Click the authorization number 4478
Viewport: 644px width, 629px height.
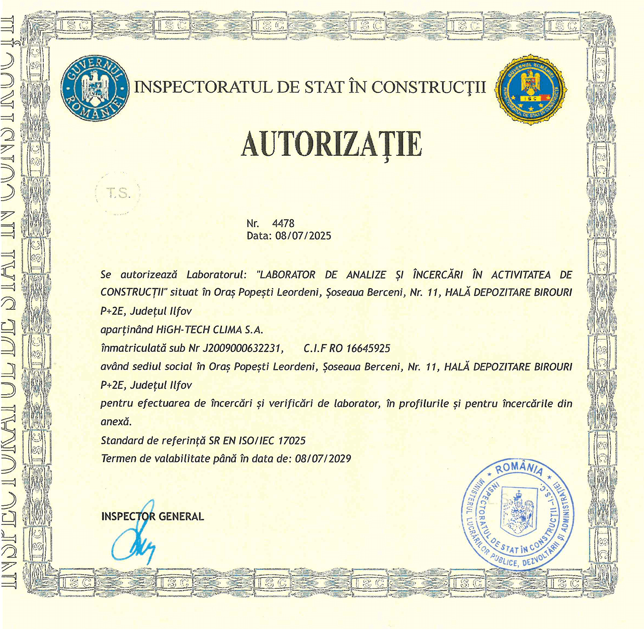point(283,223)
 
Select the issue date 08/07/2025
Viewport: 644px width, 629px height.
point(303,236)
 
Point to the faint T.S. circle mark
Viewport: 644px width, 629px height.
point(118,193)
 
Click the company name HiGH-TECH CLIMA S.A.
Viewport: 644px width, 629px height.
point(209,330)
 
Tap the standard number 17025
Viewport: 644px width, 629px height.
point(291,440)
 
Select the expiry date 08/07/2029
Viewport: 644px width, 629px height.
point(323,459)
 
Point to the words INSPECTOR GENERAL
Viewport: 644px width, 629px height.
point(152,516)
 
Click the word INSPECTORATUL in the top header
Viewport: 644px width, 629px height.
point(204,87)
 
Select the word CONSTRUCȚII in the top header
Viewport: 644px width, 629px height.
point(429,87)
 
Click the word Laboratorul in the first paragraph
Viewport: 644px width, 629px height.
point(216,275)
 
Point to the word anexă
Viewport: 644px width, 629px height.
point(115,422)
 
